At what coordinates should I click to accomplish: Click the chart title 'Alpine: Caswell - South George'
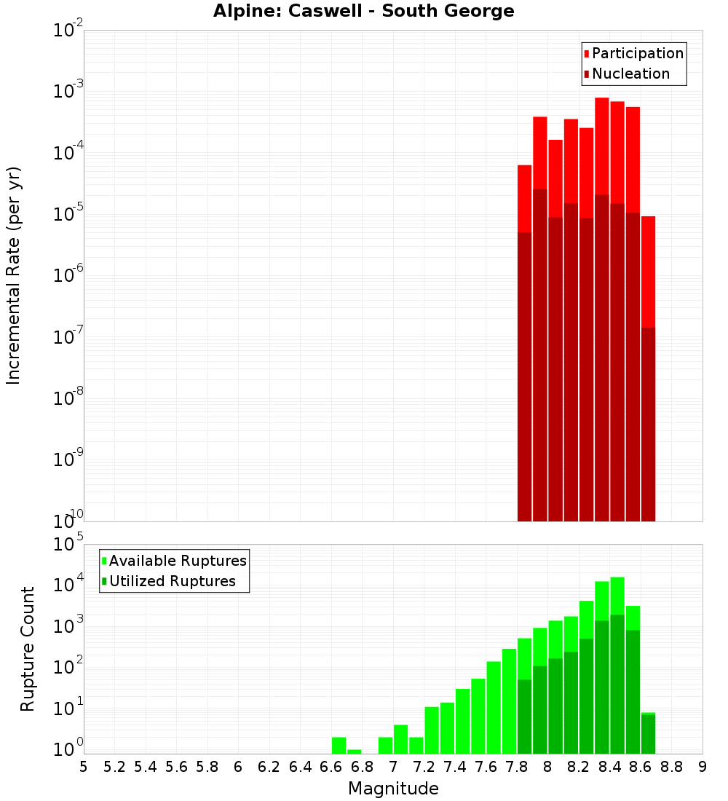[x=363, y=11]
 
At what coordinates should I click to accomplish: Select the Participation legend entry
[x=633, y=53]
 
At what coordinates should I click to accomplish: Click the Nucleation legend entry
[x=626, y=74]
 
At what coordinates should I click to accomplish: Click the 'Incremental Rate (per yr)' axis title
[x=13, y=275]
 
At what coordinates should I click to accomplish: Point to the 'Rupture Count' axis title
[x=28, y=648]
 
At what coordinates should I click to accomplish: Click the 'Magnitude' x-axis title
[x=393, y=789]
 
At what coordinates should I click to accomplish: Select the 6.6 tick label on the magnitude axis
[x=331, y=767]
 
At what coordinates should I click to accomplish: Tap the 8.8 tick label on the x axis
[x=671, y=767]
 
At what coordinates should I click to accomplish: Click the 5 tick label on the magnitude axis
[x=84, y=767]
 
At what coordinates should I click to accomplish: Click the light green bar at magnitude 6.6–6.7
[x=339, y=746]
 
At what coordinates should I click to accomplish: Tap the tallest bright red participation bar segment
[x=601, y=146]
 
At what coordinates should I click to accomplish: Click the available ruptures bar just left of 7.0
[x=385, y=746]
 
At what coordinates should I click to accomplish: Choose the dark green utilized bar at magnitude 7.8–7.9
[x=524, y=717]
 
